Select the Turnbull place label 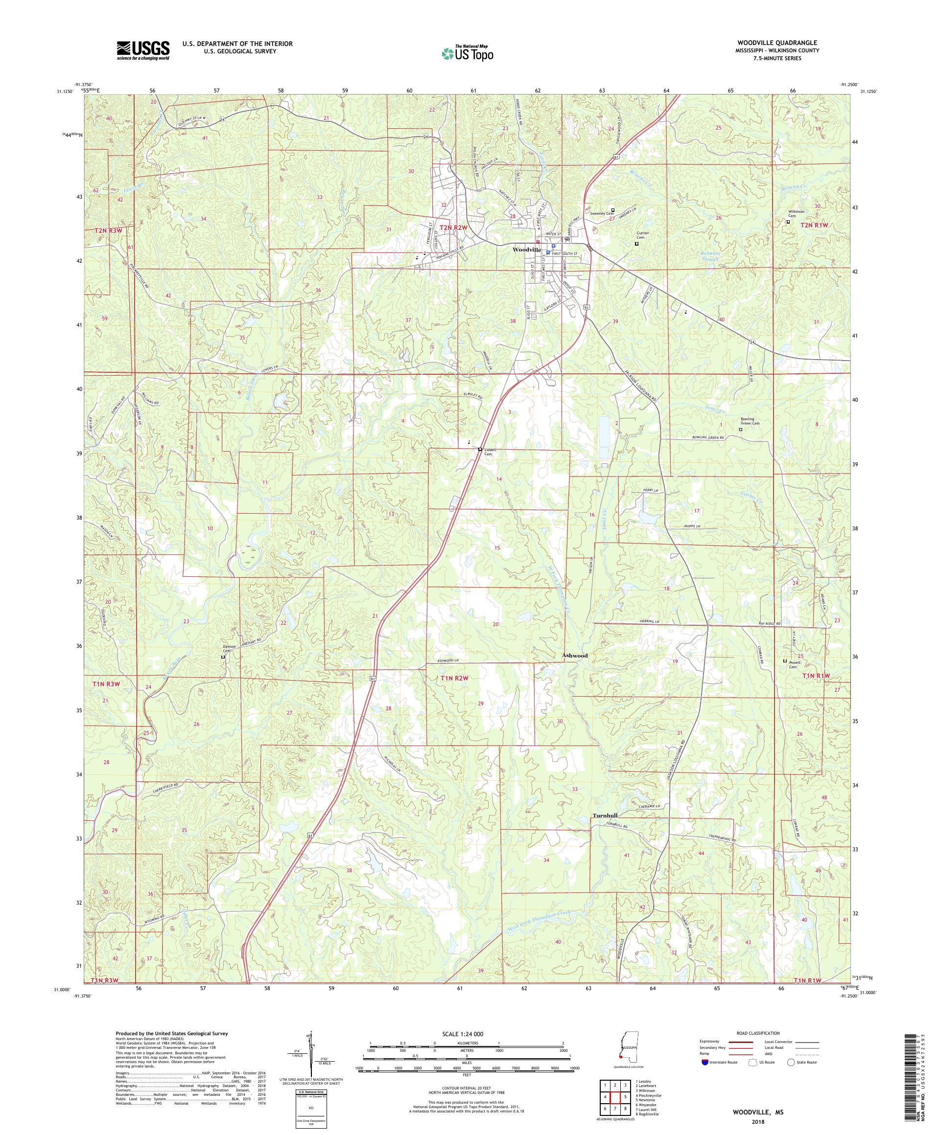click(x=604, y=816)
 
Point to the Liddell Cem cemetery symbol click(x=479, y=449)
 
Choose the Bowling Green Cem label click(x=750, y=421)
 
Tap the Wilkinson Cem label click(x=796, y=213)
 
